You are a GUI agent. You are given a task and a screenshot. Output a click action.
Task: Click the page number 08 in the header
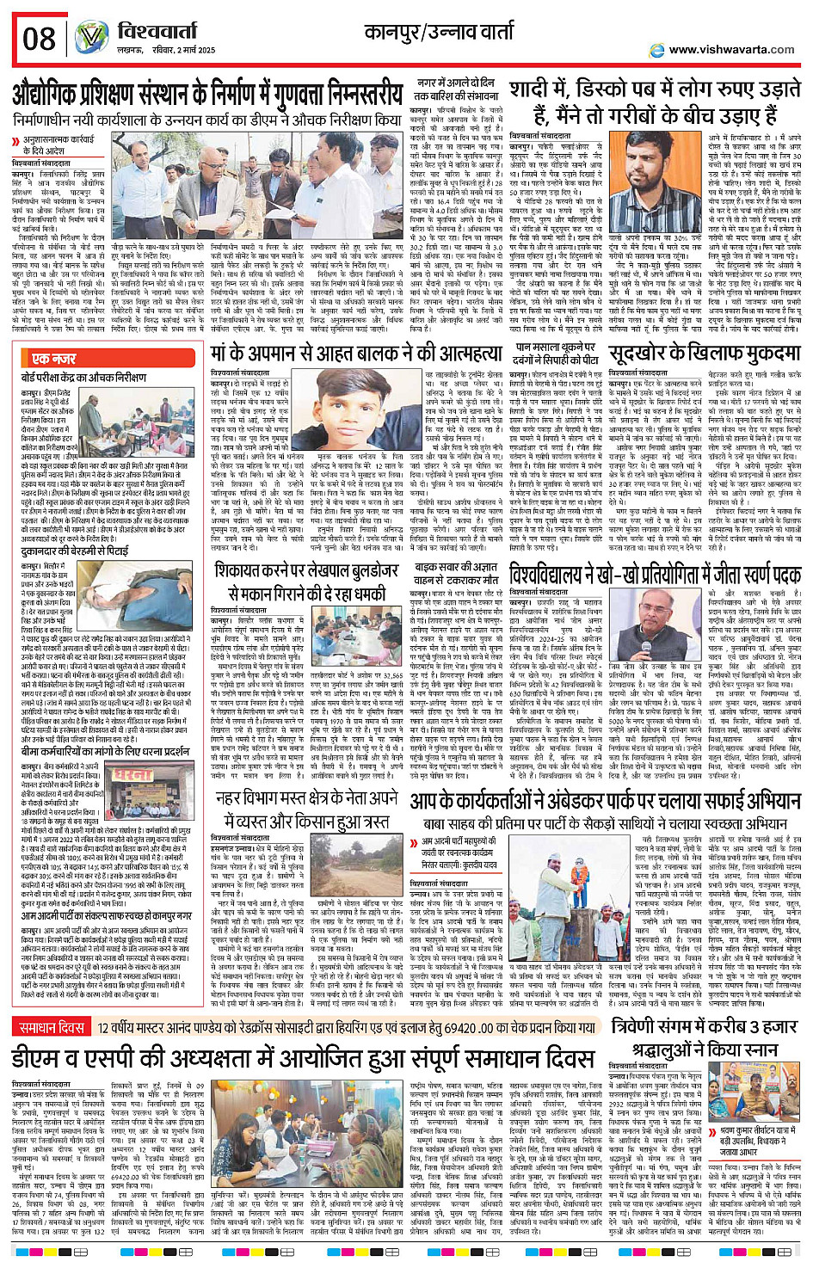40,38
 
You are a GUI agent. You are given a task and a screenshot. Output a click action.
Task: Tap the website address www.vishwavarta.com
731,49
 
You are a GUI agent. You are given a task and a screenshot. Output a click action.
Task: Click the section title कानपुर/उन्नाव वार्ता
449,33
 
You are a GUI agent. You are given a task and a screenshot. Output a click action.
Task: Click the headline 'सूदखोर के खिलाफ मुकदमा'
705,354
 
